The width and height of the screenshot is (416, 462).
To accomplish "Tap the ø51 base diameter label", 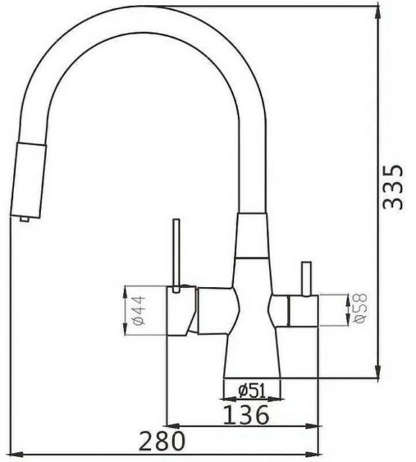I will pyautogui.click(x=252, y=391).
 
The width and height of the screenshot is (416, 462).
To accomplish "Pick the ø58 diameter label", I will pyautogui.click(x=361, y=309).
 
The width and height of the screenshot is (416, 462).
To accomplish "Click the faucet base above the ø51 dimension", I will pyautogui.click(x=252, y=360).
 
